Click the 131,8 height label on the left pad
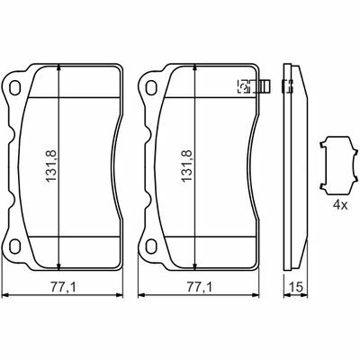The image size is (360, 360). tap(51, 166)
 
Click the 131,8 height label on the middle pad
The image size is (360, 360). tap(186, 166)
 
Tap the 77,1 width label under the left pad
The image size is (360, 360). tap(63, 287)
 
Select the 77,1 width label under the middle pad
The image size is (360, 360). tap(199, 287)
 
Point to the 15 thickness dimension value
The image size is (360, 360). tap(296, 287)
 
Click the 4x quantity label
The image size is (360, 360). tap(340, 205)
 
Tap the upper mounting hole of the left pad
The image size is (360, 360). tap(14, 87)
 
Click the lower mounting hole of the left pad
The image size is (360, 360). tap(14, 246)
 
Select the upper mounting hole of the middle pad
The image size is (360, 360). tap(150, 87)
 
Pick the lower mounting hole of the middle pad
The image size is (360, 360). tap(150, 246)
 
